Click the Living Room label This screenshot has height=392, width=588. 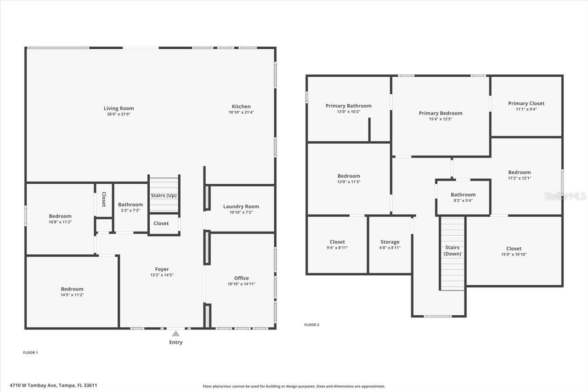tap(119, 109)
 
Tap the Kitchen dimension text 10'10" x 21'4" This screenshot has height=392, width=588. tap(241, 112)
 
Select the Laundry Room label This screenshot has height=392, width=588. tap(241, 207)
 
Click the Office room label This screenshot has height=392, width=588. tap(241, 278)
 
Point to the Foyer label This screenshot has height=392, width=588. tap(162, 269)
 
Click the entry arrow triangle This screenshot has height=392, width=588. tap(176, 334)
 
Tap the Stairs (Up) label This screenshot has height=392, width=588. tap(164, 196)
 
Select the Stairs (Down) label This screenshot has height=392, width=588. tap(452, 250)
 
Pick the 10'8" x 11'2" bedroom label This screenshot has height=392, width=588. tap(60, 216)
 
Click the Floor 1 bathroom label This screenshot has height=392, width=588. tap(130, 205)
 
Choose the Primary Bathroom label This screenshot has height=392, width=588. tap(349, 106)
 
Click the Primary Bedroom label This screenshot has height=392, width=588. tap(441, 114)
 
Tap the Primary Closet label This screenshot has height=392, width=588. tap(526, 104)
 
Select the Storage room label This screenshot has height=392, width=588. tap(390, 242)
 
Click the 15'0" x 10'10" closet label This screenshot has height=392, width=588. tap(514, 249)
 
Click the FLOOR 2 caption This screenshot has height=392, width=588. tap(311, 325)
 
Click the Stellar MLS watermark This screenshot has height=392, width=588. tap(565, 196)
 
